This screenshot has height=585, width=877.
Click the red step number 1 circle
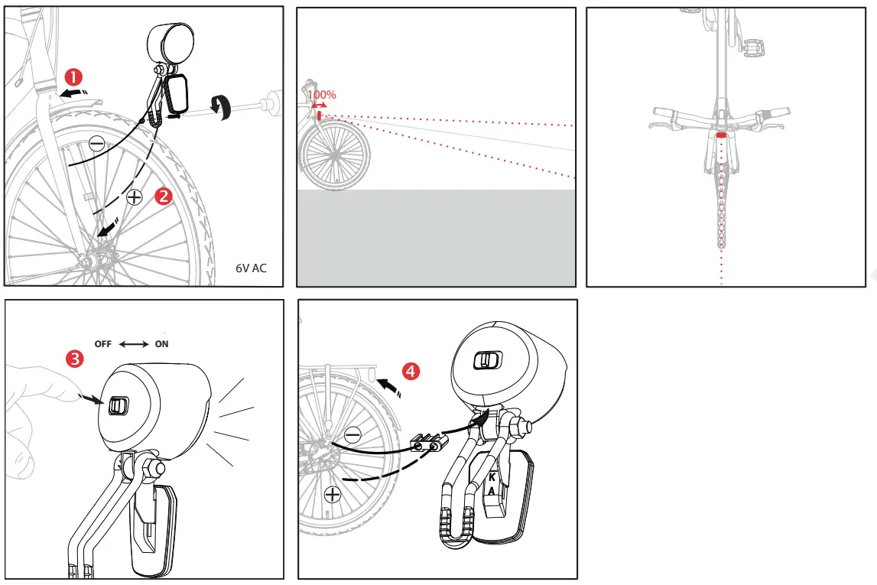[x=73, y=76]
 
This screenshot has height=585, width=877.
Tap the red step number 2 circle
[x=163, y=195]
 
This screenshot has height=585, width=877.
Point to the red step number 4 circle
[x=411, y=372]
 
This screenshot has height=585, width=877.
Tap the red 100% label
[x=322, y=96]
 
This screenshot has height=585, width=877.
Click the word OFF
[x=103, y=344]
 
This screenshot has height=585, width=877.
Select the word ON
[x=161, y=344]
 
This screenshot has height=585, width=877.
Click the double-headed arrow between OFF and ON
[x=134, y=344]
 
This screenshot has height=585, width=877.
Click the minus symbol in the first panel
[x=96, y=143]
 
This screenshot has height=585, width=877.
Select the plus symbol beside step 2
[x=134, y=197]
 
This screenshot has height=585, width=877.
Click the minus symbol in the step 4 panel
[x=352, y=435]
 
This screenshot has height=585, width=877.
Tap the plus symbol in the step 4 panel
[x=333, y=494]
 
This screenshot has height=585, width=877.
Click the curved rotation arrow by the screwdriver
[x=224, y=108]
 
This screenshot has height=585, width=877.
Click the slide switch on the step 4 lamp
[x=486, y=361]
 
